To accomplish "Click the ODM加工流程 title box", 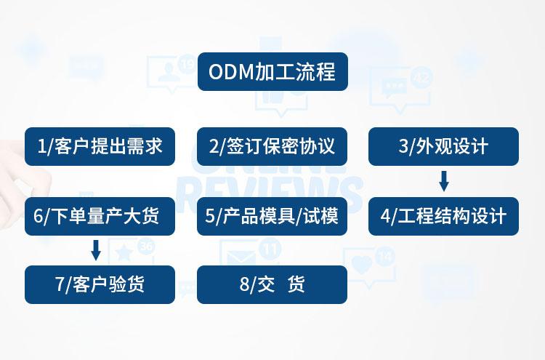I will coord(272,71).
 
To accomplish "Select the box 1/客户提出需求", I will coord(100,146).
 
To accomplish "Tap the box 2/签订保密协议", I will coord(272,146).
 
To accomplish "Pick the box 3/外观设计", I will coord(443,146).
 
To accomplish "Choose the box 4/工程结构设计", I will coord(443,216).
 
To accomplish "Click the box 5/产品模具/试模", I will coord(272,216).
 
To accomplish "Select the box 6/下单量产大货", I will coord(100,216).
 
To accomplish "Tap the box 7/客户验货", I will coord(100,284).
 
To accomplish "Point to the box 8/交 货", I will coord(272,284).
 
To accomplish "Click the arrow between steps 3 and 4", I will coord(444,180).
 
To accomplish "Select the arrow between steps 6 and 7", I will coord(95,250).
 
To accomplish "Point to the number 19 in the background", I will coord(187,65).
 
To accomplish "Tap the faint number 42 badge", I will coord(421,78).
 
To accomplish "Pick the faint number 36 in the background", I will coord(146,247).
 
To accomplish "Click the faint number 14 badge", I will coord(385,256).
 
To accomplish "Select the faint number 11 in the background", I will coord(270,249).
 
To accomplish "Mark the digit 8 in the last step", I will coord(244,284).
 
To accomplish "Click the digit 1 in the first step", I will coord(41,147).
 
